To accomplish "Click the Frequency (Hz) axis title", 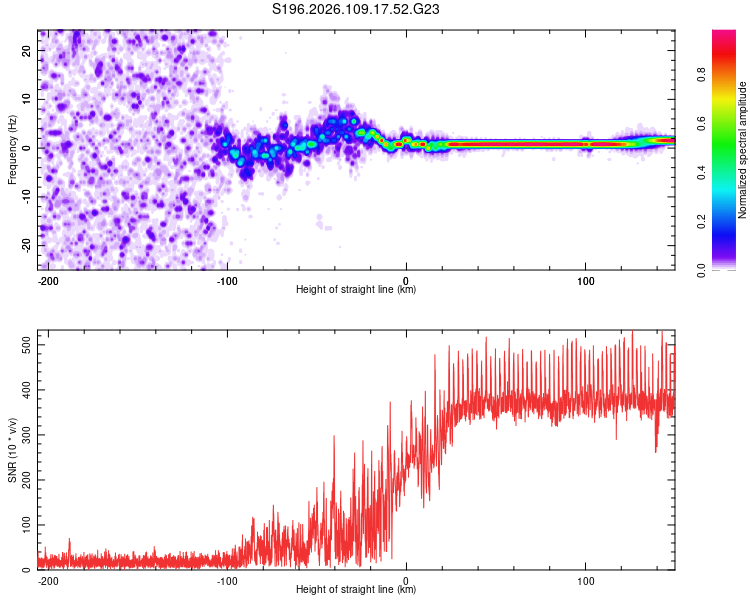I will (12, 150).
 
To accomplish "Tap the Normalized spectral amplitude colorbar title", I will (743, 150).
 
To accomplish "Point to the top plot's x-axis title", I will (356, 290).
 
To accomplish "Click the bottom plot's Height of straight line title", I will (356, 590).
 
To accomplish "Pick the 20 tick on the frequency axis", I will (27, 50).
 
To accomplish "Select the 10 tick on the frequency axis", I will (27, 99).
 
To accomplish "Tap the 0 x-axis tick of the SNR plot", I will (406, 579).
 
